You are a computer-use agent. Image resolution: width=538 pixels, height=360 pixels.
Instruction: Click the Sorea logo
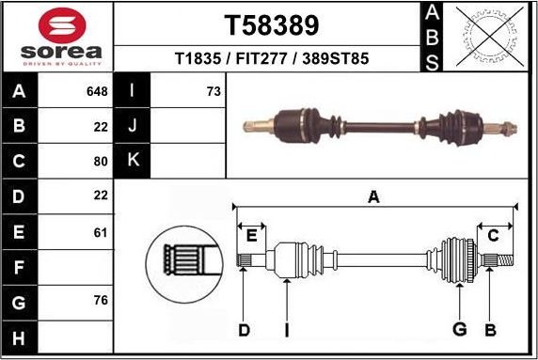(55, 37)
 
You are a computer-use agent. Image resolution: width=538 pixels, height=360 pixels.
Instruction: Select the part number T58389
(271, 24)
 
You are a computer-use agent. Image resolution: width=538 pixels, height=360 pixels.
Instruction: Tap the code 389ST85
(334, 58)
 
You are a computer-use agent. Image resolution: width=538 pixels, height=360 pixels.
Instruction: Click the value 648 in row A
(96, 91)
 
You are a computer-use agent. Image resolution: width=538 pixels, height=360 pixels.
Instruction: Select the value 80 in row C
(101, 160)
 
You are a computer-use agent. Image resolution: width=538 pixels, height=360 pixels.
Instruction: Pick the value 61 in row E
(101, 231)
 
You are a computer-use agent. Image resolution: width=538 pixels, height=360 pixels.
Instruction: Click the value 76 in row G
(101, 301)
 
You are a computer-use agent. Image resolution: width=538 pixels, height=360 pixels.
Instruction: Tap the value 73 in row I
(213, 91)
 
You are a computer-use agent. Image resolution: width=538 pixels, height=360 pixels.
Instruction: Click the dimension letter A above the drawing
(373, 197)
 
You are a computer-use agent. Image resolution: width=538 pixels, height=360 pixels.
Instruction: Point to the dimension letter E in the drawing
(251, 235)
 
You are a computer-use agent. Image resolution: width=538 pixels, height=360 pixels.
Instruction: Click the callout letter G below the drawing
(460, 329)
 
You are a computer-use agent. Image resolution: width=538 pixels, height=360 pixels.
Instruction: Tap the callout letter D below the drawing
(244, 329)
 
